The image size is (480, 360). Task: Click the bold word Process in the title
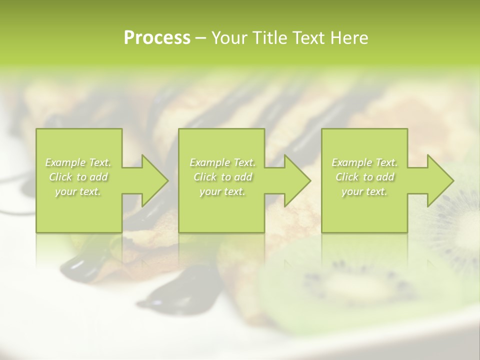(157, 38)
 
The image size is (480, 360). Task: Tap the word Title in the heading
(270, 38)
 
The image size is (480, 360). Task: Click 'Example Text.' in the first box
(78, 162)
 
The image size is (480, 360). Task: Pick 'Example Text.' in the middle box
(222, 162)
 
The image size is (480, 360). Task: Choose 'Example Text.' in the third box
(364, 162)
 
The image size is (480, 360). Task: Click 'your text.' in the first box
(78, 191)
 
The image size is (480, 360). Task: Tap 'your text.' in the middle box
(222, 191)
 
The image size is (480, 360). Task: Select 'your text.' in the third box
(364, 191)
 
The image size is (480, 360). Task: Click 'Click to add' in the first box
(78, 177)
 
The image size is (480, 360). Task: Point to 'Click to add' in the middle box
(222, 177)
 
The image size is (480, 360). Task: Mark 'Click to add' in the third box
(364, 177)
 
